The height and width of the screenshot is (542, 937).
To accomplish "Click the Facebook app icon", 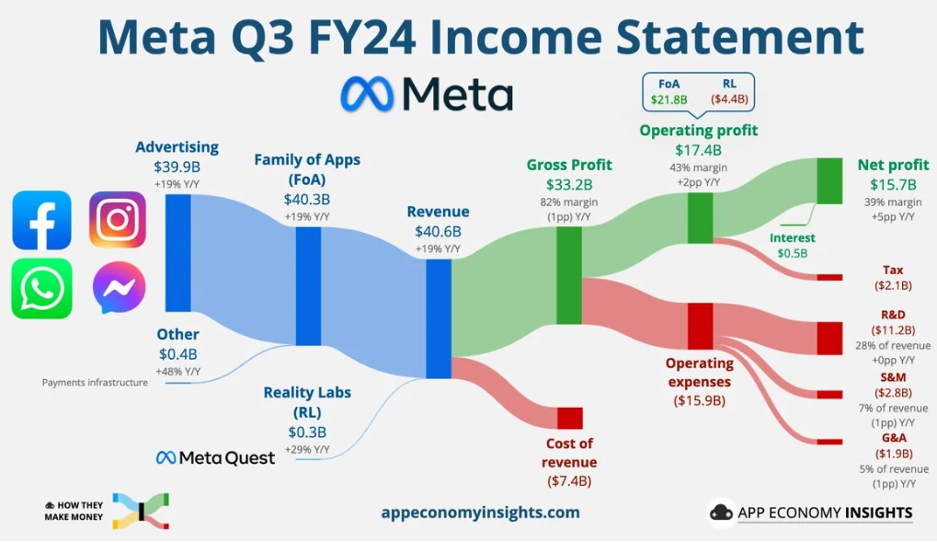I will coord(41,220).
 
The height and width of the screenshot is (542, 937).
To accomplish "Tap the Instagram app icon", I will coord(118,220).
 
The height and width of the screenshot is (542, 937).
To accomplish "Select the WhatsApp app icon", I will coord(41,288).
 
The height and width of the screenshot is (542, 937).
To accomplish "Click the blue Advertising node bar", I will coord(178,253).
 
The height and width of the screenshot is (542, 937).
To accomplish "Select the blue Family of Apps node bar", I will coord(308,285).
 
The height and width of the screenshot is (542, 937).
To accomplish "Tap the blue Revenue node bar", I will coord(439,318).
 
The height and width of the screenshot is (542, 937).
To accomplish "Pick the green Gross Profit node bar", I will coord(569,275).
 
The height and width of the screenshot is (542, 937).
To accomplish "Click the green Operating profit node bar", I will coord(700,218).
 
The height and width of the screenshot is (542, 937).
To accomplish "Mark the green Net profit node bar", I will coord(829,180).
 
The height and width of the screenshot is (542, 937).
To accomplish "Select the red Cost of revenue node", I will coord(569,418).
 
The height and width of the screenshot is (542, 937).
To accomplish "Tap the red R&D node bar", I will coord(829,338).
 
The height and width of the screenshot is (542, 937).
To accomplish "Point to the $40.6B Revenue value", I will coord(438,232).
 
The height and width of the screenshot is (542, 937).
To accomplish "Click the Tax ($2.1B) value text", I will coord(892,286).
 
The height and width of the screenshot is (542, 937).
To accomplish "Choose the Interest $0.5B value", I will coord(792,253).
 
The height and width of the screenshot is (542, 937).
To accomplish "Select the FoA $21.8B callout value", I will coord(668,98).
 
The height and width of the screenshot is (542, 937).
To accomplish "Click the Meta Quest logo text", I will coord(215,457).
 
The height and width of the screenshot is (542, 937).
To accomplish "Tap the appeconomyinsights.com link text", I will coord(480,513).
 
